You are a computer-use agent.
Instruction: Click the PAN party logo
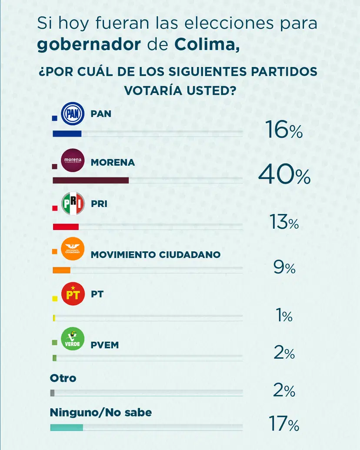[73, 114]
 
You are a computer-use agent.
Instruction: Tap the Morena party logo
[73, 160]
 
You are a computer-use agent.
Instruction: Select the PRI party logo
[73, 203]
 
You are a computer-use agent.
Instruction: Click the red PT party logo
[73, 294]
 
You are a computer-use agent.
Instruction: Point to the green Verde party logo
[73, 338]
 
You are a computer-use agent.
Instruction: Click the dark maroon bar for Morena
[90, 180]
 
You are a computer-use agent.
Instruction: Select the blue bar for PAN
[67, 134]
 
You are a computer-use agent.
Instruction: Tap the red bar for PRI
[66, 227]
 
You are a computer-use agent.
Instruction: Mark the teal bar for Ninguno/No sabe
[67, 427]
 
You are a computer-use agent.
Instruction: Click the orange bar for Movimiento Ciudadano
[61, 270]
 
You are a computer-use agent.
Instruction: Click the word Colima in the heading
[207, 45]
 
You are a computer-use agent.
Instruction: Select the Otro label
[63, 378]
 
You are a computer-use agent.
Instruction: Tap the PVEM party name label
[105, 345]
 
